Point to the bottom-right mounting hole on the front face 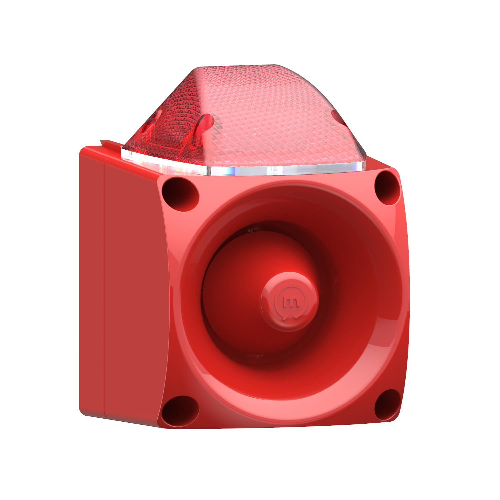click(x=387, y=405)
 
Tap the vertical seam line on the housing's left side click(x=104, y=287)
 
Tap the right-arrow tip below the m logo click(x=298, y=317)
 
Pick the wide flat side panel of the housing click(x=135, y=287)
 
